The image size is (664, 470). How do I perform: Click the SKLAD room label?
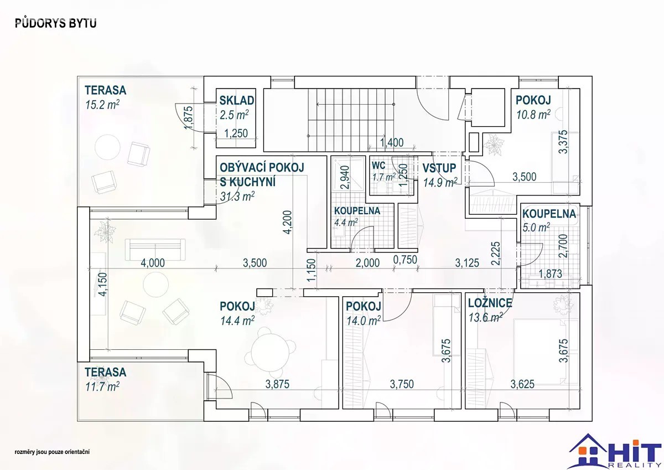[237, 100]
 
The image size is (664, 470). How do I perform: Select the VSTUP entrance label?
[439, 168]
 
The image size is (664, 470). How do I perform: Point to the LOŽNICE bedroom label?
[490, 303]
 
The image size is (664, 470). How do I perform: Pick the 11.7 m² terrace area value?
[102, 386]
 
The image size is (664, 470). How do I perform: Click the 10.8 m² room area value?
[533, 115]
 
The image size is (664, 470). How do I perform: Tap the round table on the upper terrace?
[107, 148]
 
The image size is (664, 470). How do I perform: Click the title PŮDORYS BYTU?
[55, 23]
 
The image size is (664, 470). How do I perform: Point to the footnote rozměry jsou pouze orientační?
[53, 452]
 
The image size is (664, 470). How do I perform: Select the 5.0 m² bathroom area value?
[536, 227]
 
